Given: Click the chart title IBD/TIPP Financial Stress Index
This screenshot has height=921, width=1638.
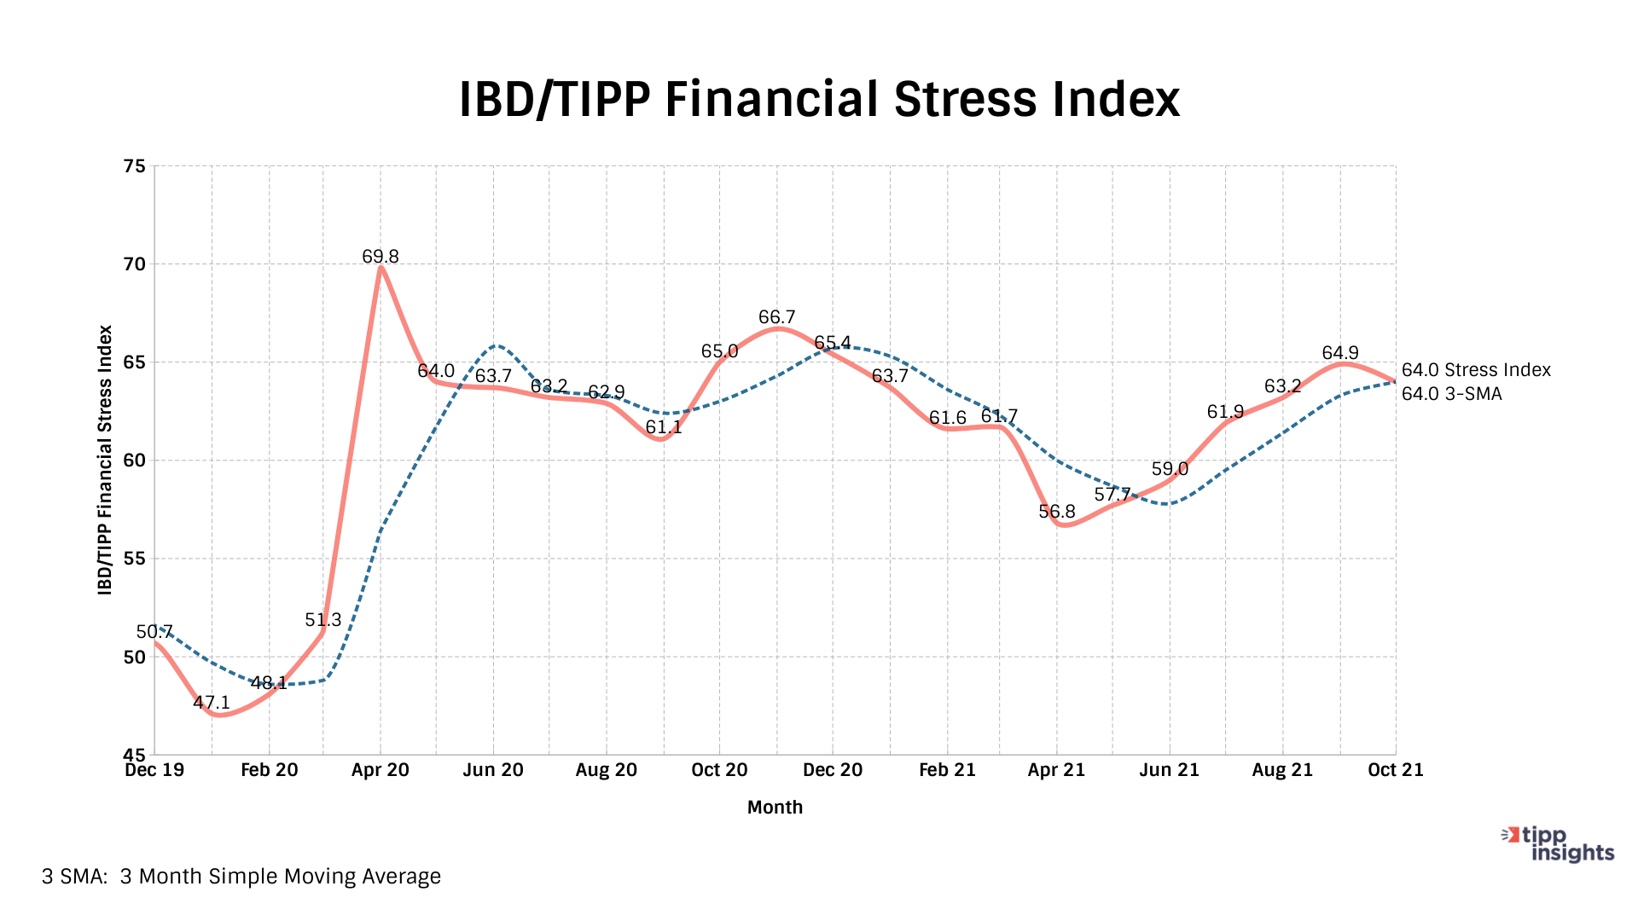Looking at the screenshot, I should [819, 99].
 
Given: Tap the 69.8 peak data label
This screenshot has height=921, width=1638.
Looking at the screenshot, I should [380, 257].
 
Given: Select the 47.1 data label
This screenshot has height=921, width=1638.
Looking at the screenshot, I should [212, 703].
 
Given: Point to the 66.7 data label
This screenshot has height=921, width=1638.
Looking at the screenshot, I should [776, 318].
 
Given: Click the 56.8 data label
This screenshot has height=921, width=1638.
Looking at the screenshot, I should [1057, 512].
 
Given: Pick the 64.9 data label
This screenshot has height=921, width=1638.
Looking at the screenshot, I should [1340, 353].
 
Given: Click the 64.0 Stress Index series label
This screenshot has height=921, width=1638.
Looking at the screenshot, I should [1476, 370].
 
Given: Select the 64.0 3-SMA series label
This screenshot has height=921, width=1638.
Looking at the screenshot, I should [1451, 394].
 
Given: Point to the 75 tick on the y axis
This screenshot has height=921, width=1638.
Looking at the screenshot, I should [135, 166].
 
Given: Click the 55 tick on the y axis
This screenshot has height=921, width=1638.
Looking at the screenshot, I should [135, 559].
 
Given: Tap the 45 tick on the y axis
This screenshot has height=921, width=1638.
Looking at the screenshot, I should [135, 755].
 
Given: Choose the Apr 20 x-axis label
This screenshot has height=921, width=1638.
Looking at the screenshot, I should [380, 770].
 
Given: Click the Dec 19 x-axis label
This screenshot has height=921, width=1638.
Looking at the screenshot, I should [154, 770].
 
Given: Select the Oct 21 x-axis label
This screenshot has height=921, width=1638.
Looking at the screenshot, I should [1396, 770].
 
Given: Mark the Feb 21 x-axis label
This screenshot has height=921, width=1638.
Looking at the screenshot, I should [947, 770].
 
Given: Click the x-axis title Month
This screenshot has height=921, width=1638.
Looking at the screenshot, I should [775, 808].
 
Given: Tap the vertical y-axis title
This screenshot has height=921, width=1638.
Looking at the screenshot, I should [105, 460].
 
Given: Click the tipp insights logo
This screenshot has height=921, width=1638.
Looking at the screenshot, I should [1559, 844].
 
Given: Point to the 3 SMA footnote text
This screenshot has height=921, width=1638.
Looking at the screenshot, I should [241, 877].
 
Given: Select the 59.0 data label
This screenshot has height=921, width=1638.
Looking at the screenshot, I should [1170, 469].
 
